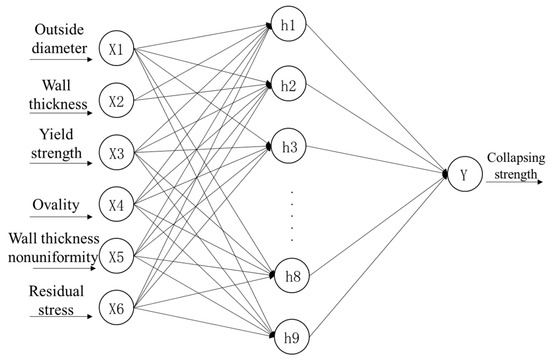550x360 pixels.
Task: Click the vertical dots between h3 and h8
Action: (x=290, y=212)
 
